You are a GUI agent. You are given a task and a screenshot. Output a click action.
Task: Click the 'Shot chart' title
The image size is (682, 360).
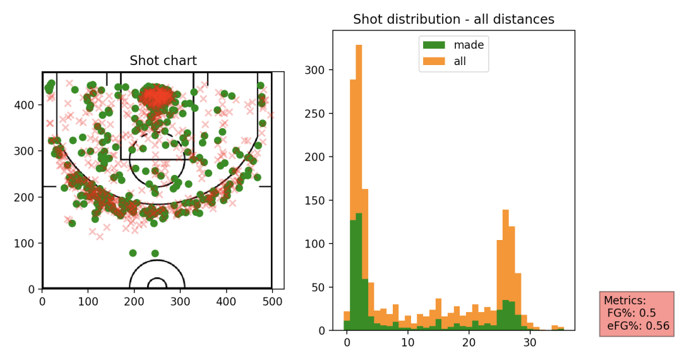pyautogui.click(x=163, y=61)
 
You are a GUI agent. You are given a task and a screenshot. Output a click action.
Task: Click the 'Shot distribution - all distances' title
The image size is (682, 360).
pyautogui.click(x=453, y=20)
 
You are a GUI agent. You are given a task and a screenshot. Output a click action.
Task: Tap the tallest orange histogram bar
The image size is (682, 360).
pyautogui.click(x=359, y=189)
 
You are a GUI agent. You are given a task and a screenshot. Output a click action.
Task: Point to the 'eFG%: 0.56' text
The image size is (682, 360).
pyautogui.click(x=638, y=326)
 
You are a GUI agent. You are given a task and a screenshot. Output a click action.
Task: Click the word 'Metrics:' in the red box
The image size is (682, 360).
pyautogui.click(x=625, y=301)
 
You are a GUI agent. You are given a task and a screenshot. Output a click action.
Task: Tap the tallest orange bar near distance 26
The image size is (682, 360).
pyautogui.click(x=506, y=272)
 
